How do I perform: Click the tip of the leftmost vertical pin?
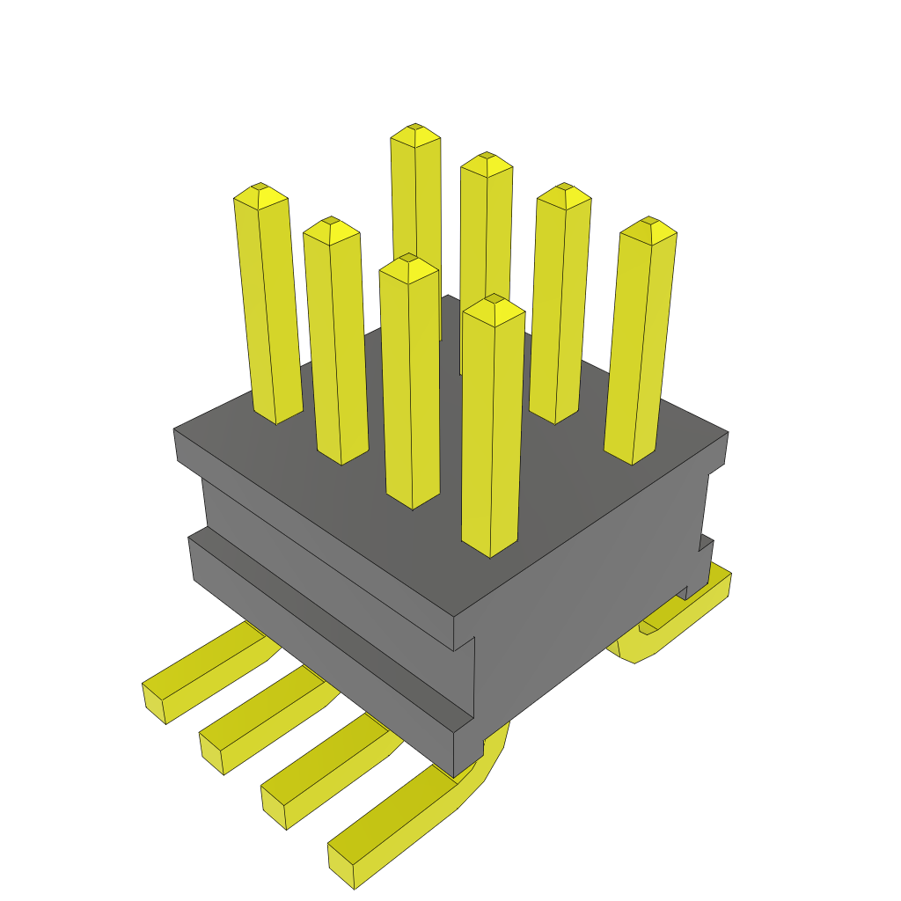tap(260, 193)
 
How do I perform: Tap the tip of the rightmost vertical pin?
tap(648, 225)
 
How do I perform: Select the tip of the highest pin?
tap(415, 133)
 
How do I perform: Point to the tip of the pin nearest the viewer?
tap(494, 304)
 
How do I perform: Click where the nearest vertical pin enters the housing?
tap(490, 546)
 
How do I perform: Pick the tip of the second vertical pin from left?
tap(331, 225)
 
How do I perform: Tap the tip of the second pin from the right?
tap(564, 193)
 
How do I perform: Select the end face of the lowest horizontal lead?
tap(341, 866)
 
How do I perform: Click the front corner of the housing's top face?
tap(454, 616)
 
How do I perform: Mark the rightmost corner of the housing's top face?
tap(728, 433)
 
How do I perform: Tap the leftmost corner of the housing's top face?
tap(174, 429)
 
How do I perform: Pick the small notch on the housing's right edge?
tap(705, 546)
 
